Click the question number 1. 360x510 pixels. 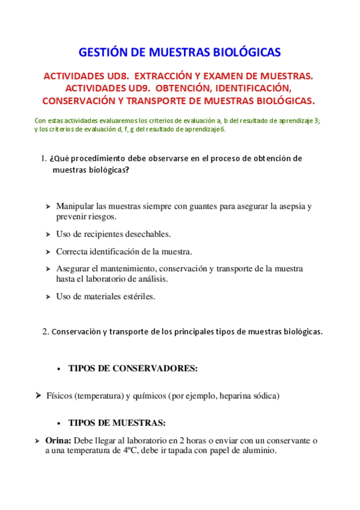43,159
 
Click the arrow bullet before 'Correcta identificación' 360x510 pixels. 47,252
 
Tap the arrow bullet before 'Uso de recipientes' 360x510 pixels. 47,235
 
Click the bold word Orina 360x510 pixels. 58,440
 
